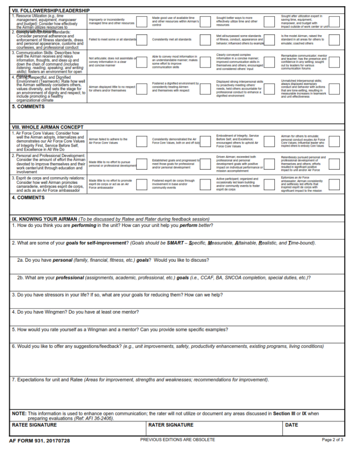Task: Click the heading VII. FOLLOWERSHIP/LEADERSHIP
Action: pyautogui.click(x=50, y=10)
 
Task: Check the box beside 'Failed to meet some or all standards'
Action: pyautogui.click(x=142, y=39)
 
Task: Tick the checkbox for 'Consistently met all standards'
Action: pyautogui.click(x=205, y=39)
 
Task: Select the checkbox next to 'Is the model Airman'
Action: pyautogui.click(x=334, y=39)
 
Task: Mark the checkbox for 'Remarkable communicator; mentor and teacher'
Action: pyautogui.click(x=334, y=62)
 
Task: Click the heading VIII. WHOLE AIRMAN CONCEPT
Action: pyautogui.click(x=47, y=127)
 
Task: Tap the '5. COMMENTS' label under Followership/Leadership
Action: pyautogui.click(x=28, y=106)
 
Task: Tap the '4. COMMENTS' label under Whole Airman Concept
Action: pyautogui.click(x=28, y=197)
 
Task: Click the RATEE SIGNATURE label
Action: pyautogui.click(x=34, y=425)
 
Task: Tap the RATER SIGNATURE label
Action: pyautogui.click(x=171, y=425)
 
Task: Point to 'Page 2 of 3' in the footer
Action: pyautogui.click(x=332, y=440)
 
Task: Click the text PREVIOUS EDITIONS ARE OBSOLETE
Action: pyautogui.click(x=177, y=440)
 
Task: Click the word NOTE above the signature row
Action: pyautogui.click(x=19, y=413)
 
